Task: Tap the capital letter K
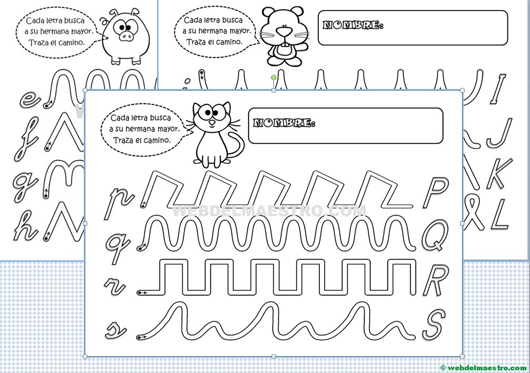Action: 497,173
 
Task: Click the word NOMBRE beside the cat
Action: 284,123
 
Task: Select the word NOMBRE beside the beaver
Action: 352,25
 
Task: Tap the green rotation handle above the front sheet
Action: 273,78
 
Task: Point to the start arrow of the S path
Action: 142,336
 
